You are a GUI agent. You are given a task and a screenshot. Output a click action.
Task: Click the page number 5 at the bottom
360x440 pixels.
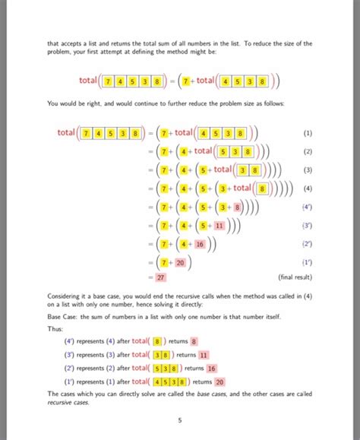[180, 419]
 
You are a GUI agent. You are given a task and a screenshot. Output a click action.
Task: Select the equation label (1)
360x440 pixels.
[307, 133]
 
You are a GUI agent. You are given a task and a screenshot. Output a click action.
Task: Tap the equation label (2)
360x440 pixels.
[307, 151]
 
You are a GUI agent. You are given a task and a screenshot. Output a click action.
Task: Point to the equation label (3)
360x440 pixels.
[307, 169]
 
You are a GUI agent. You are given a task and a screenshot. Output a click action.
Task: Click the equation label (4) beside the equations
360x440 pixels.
[307, 188]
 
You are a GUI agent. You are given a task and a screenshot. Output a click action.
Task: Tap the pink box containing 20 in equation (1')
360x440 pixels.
[179, 262]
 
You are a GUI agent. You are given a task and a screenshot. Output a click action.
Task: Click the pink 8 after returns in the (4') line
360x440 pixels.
[194, 342]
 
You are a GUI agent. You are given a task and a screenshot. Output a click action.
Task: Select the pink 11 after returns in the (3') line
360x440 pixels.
[204, 355]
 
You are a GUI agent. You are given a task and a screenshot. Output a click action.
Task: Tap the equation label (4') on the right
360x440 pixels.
[308, 206]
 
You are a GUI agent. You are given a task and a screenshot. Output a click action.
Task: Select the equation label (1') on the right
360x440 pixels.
[308, 262]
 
